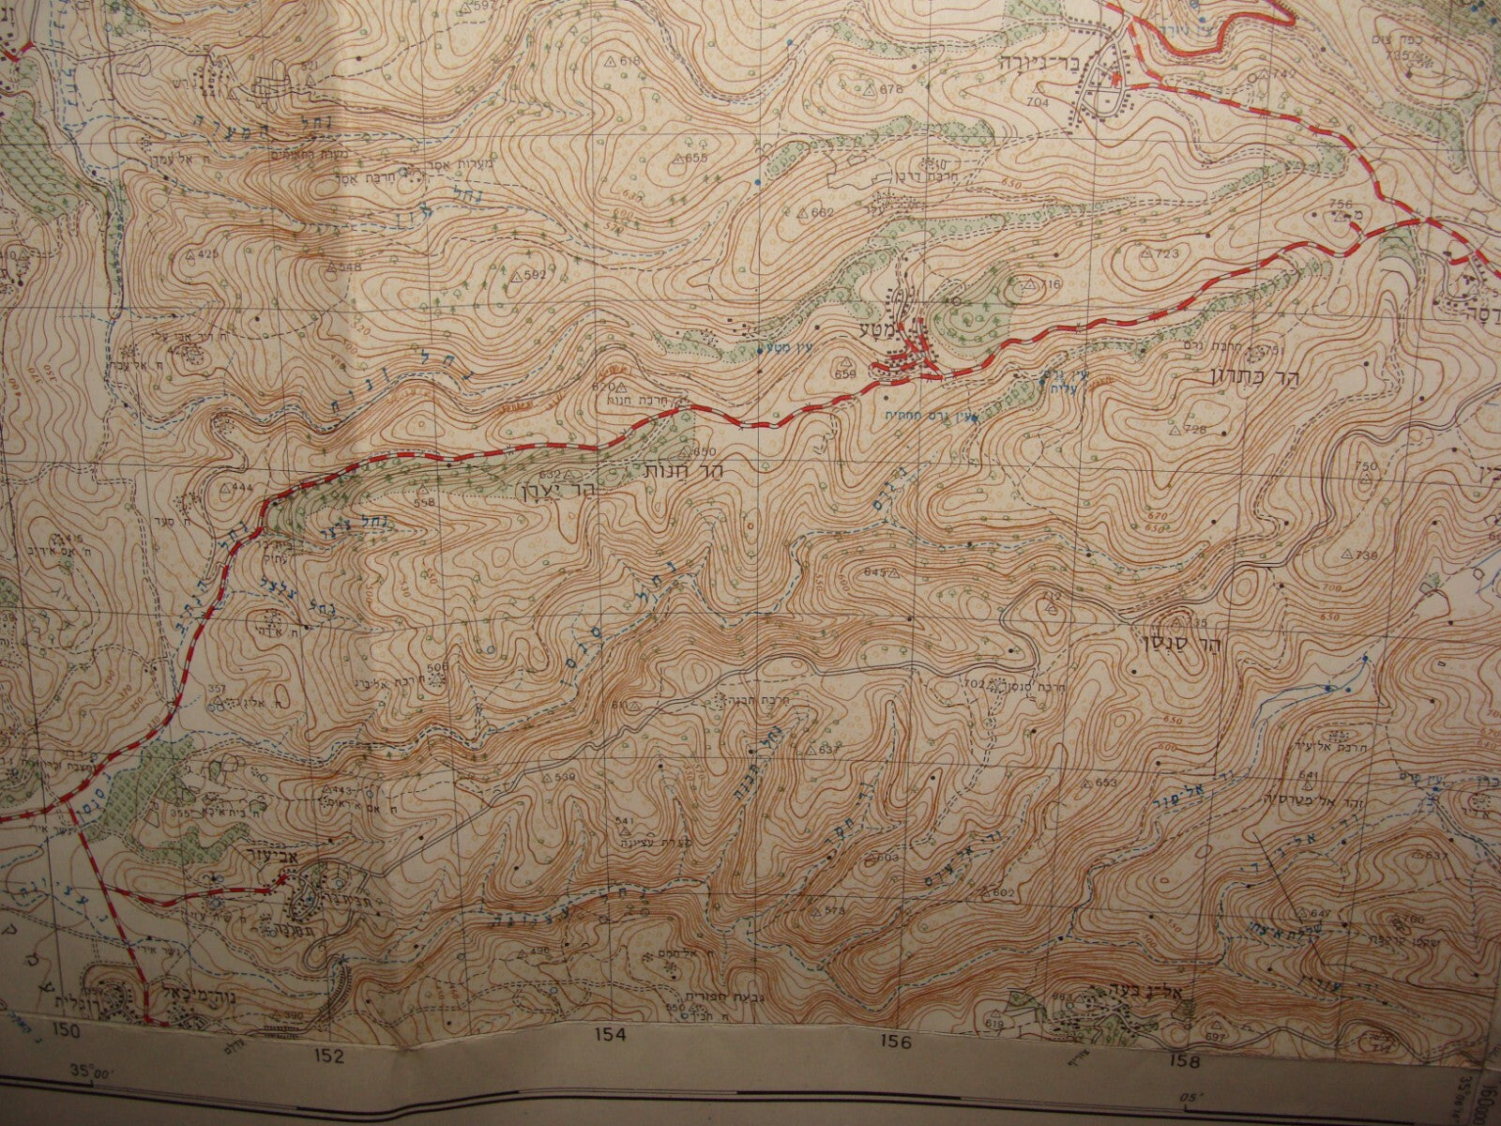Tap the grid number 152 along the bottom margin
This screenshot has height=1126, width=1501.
[329, 1057]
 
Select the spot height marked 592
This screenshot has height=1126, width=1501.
[536, 275]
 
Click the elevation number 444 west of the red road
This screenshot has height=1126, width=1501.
[242, 488]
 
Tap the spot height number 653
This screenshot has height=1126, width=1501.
[1108, 783]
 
